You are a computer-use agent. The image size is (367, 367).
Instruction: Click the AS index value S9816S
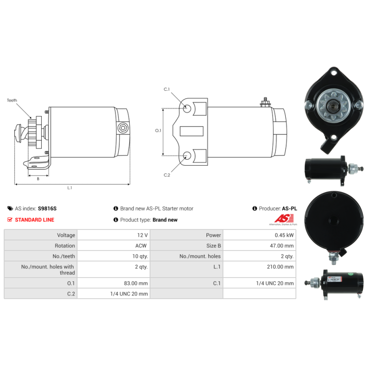[x=47, y=209]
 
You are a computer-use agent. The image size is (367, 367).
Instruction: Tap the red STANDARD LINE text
[x=34, y=220]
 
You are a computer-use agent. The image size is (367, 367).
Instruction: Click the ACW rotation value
[x=141, y=246]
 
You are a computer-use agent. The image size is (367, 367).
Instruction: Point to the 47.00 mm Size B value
[x=282, y=246]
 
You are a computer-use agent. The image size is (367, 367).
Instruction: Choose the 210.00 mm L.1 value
[x=280, y=267]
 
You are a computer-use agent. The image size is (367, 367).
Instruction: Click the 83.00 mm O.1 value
[x=136, y=284]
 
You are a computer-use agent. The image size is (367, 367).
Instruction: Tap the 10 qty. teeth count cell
[x=140, y=256]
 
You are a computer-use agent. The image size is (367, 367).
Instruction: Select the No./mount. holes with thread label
[x=48, y=270]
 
